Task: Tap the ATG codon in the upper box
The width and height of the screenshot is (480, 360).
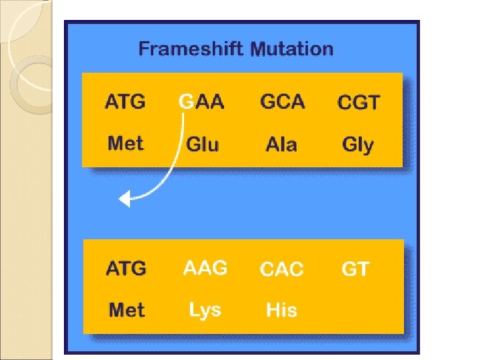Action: (125, 103)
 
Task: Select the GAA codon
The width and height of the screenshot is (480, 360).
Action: (201, 103)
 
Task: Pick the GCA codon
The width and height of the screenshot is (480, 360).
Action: (283, 102)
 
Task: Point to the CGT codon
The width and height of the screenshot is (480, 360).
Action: (359, 103)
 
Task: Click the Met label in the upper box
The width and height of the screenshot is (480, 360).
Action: (125, 143)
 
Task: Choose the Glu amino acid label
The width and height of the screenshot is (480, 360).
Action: (202, 145)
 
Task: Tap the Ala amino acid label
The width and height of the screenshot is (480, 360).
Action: (281, 145)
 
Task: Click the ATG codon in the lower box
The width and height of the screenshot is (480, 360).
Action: (125, 269)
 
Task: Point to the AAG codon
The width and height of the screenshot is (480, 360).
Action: (205, 268)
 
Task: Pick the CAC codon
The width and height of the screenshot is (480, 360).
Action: (281, 269)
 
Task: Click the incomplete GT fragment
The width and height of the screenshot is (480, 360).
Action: (355, 269)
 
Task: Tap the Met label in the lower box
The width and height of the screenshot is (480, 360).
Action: (126, 310)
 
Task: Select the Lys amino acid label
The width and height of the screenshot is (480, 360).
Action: (205, 311)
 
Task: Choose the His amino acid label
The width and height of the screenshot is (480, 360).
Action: (281, 310)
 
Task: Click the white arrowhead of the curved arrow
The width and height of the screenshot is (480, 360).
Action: (124, 198)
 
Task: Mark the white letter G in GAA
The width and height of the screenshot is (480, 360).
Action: (186, 103)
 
